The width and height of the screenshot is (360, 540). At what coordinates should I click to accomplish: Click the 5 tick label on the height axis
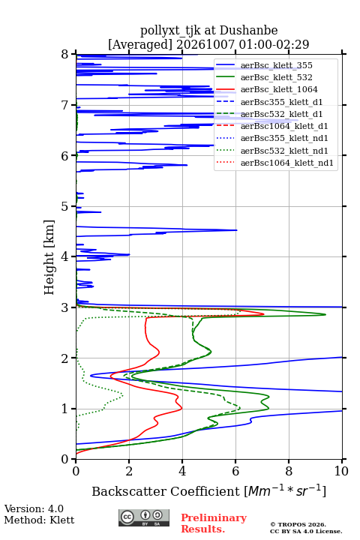pyautogui.click(x=65, y=207)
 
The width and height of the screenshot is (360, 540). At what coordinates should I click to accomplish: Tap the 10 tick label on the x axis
pyautogui.click(x=341, y=471)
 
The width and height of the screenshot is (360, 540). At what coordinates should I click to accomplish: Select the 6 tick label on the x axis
pyautogui.click(x=235, y=471)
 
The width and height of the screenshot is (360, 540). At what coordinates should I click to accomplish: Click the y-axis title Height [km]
pyautogui.click(x=49, y=257)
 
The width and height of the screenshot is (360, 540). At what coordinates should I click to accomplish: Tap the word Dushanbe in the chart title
pyautogui.click(x=248, y=31)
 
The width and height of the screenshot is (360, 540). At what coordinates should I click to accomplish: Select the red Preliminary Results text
pyautogui.click(x=214, y=523)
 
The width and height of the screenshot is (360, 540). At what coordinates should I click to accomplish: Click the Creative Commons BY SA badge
pyautogui.click(x=144, y=518)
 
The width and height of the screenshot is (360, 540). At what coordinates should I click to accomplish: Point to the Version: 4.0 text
pyautogui.click(x=34, y=508)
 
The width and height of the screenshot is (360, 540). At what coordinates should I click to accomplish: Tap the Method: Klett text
pyautogui.click(x=39, y=520)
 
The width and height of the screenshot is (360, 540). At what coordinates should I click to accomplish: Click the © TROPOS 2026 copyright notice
pyautogui.click(x=298, y=524)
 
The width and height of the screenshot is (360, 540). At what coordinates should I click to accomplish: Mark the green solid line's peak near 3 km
pyautogui.click(x=325, y=314)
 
